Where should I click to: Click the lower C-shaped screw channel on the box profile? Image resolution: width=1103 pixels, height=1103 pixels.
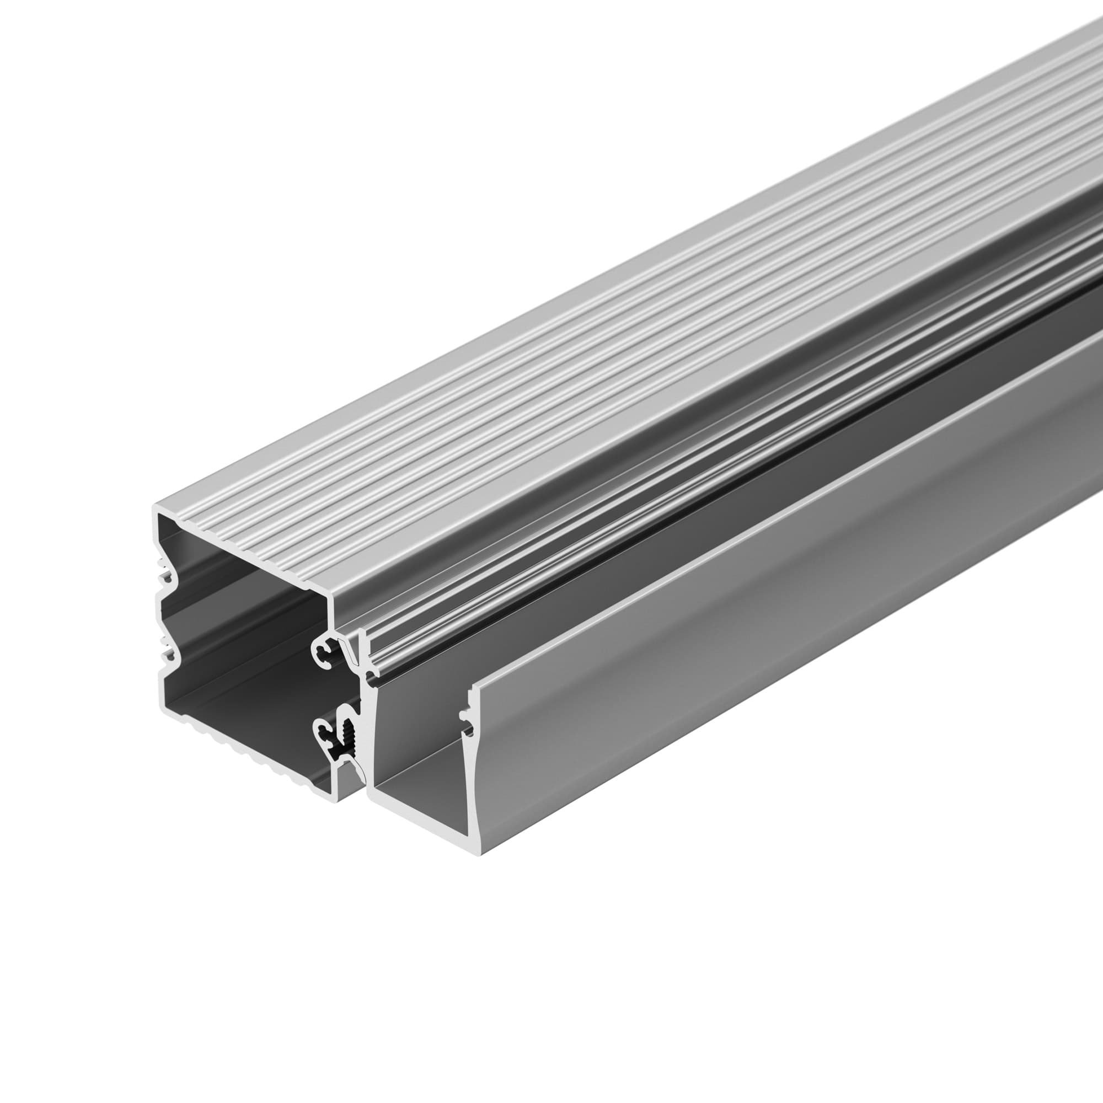pos(323,732)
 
